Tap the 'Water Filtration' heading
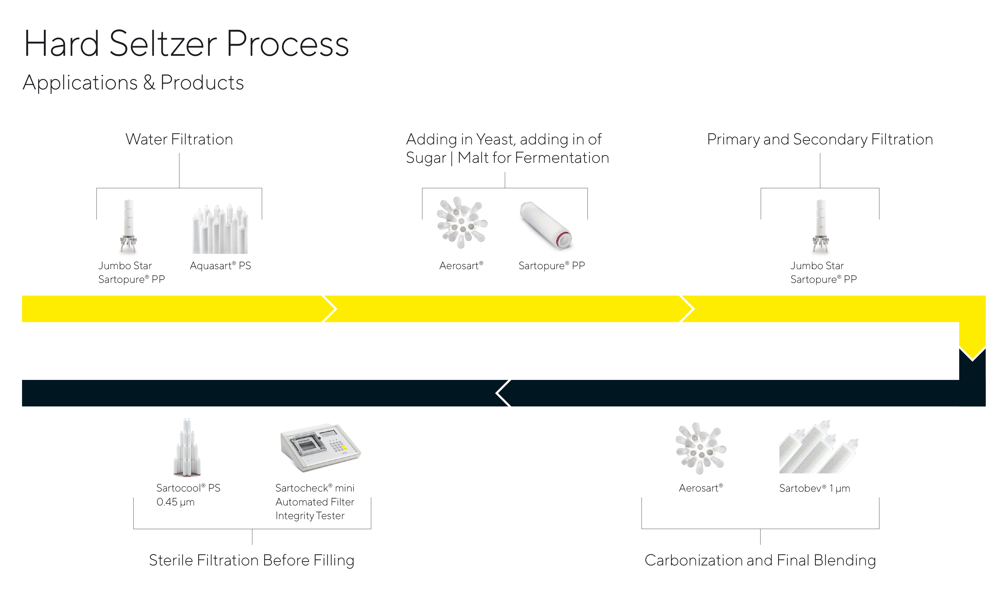[x=179, y=139]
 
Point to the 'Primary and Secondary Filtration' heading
[x=820, y=139]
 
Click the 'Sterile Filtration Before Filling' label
[x=251, y=560]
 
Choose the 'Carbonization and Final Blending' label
[x=760, y=560]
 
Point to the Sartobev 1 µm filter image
[x=818, y=448]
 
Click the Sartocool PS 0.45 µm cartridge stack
[x=187, y=448]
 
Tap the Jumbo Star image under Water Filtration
[x=128, y=226]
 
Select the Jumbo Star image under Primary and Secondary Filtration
[x=820, y=226]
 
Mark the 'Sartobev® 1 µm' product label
[x=814, y=488]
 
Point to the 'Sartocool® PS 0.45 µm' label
[x=188, y=495]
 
